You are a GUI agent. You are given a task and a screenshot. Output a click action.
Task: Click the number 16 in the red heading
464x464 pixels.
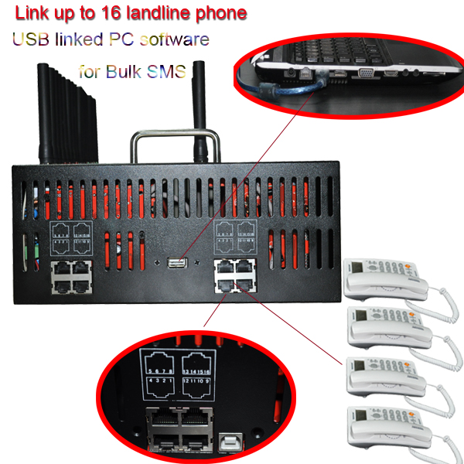pos(142,13)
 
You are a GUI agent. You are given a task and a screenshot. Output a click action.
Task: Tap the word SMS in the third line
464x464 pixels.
pos(171,72)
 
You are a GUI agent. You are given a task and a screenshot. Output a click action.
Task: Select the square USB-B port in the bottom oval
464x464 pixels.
pos(230,442)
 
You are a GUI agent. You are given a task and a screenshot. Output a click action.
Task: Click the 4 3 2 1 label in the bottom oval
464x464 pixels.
pos(161,382)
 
